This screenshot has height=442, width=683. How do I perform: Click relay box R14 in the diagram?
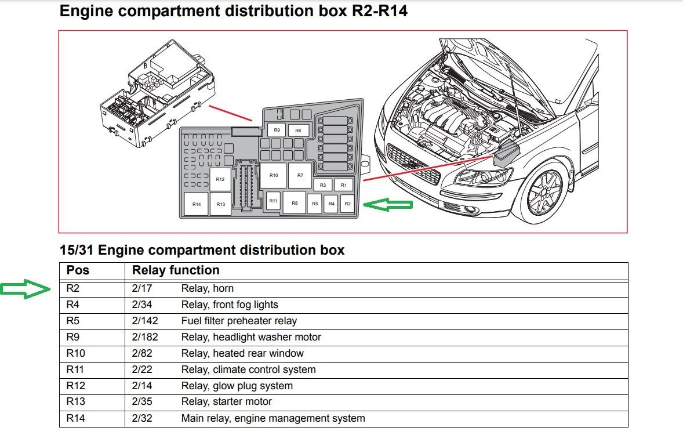coord(197,204)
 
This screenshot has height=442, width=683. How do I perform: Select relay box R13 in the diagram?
coord(220,204)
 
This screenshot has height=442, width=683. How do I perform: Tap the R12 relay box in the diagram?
coord(220,179)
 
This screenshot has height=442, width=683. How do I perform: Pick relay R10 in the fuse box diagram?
coord(273,175)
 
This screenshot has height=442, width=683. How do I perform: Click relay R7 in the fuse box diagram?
coord(300,175)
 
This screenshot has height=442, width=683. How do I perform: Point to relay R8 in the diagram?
coord(295,203)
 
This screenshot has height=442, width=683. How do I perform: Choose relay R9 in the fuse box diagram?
coord(277,131)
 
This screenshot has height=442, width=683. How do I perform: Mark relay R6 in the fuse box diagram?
coord(298,131)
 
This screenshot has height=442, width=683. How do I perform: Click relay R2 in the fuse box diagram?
coord(347,204)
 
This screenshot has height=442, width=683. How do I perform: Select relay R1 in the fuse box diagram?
coord(343,185)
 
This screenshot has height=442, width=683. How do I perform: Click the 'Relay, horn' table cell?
coord(208,288)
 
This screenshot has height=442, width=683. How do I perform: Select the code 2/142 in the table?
coord(145,321)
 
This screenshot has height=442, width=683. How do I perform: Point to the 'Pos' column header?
coord(78,270)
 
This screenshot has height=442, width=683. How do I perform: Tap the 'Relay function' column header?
coord(176,270)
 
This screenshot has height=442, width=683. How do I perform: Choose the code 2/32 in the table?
coord(142,418)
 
